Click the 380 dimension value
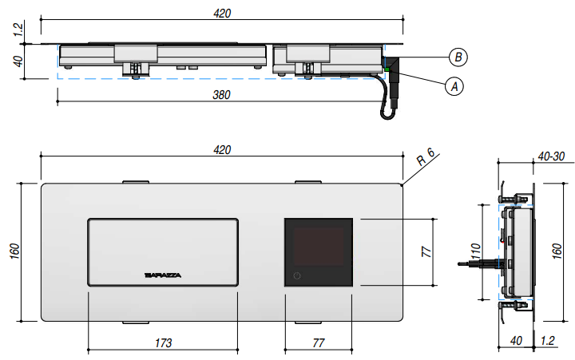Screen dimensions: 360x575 pyautogui.click(x=222, y=95)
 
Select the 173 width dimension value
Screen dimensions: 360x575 pyautogui.click(x=163, y=342)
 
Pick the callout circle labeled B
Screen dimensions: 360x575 pyautogui.click(x=458, y=57)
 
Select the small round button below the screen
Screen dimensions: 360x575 pyautogui.click(x=297, y=276)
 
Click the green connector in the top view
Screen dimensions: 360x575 pyautogui.click(x=387, y=71)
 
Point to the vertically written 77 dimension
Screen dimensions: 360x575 pyautogui.click(x=427, y=251)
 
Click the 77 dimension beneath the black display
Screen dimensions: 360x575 pyautogui.click(x=319, y=342)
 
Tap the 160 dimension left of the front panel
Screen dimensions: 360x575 pyautogui.click(x=15, y=251)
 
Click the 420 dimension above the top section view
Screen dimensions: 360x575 pyautogui.click(x=222, y=12)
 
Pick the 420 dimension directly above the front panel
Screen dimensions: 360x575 pyautogui.click(x=222, y=149)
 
